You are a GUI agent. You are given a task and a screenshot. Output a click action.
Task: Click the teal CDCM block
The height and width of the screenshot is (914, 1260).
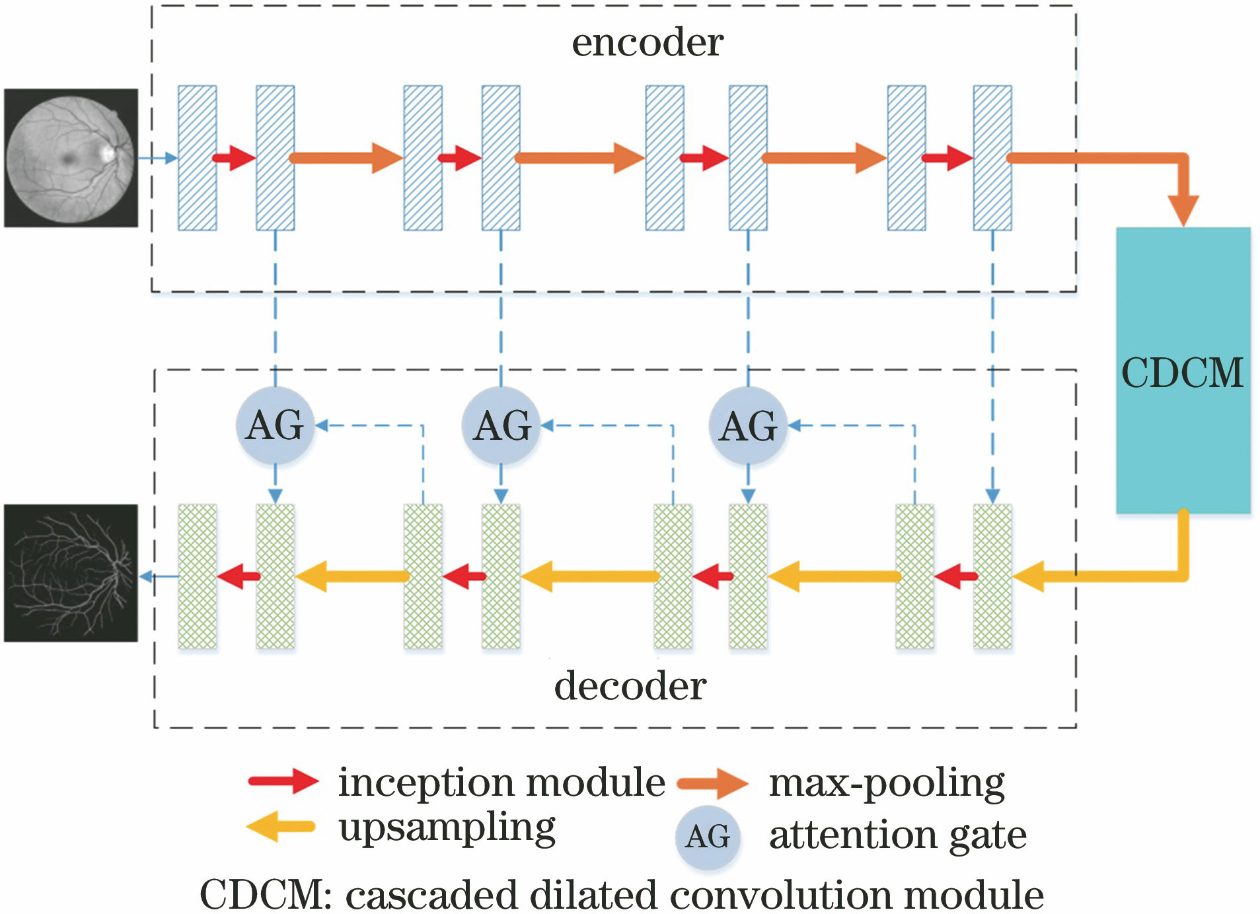click(x=1183, y=370)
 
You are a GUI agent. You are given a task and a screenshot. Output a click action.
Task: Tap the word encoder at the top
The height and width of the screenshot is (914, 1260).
click(x=647, y=43)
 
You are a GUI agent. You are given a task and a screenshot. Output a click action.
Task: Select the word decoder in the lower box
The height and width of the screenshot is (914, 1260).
click(x=630, y=686)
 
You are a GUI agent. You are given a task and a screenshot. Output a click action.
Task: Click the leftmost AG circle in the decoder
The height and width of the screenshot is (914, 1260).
click(x=275, y=425)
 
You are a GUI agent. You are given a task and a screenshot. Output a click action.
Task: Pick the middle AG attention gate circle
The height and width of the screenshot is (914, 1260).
click(x=501, y=425)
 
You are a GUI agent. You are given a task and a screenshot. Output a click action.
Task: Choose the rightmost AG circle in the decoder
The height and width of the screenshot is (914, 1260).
click(x=748, y=425)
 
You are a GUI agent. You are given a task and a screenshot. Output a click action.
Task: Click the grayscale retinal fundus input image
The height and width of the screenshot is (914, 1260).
click(x=71, y=158)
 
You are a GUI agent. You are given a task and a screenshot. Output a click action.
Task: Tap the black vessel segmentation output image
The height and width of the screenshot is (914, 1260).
click(x=71, y=573)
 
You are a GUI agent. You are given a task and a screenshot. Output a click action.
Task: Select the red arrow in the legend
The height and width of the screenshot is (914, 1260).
click(x=283, y=781)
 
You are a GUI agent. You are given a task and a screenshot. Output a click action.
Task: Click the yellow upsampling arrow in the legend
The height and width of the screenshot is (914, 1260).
click(x=281, y=826)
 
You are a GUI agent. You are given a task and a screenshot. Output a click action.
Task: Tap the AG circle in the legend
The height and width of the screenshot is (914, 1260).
click(x=708, y=837)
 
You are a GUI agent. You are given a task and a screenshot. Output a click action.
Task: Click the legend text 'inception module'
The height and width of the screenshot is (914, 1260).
click(x=501, y=783)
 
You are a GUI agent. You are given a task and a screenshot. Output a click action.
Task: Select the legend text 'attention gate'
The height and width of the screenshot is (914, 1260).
click(x=897, y=835)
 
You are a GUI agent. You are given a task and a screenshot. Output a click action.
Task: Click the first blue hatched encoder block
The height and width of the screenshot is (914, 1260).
click(x=197, y=158)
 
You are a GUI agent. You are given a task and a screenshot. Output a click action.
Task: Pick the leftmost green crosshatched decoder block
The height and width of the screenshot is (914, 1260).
click(x=197, y=577)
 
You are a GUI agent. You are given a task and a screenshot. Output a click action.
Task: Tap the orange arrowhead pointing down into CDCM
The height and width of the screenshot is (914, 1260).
click(x=1183, y=210)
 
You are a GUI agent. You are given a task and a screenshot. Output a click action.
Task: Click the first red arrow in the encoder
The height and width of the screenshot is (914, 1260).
click(x=234, y=158)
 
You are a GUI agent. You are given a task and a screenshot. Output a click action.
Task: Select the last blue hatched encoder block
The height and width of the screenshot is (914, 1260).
click(x=992, y=158)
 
